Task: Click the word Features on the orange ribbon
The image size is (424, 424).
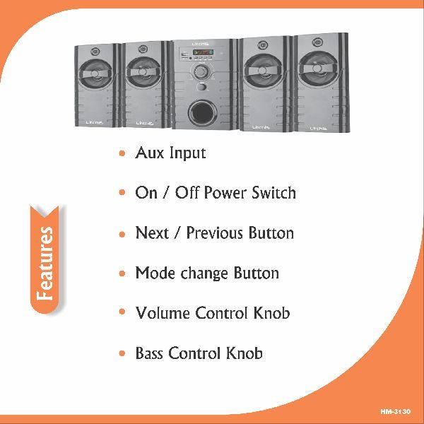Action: point(45,264)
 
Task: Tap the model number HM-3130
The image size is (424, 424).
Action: point(396,412)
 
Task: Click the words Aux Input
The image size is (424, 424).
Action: point(170,153)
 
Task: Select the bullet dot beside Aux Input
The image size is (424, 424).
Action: point(122,153)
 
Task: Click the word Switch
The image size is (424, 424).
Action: point(273,192)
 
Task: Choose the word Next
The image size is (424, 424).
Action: point(152,232)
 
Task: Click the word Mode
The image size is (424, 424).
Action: point(155,273)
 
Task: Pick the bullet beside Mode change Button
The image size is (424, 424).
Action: point(122,273)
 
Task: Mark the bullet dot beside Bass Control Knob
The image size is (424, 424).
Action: point(122,353)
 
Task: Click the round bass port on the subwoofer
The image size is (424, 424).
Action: point(202,113)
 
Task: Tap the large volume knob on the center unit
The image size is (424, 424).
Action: point(201,71)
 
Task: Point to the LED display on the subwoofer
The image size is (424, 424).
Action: point(203,52)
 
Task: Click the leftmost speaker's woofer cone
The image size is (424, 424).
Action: point(95,73)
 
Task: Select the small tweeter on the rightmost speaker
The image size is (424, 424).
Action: point(317,42)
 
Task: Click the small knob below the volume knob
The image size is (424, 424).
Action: point(201,86)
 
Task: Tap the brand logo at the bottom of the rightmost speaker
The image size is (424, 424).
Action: point(318,128)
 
